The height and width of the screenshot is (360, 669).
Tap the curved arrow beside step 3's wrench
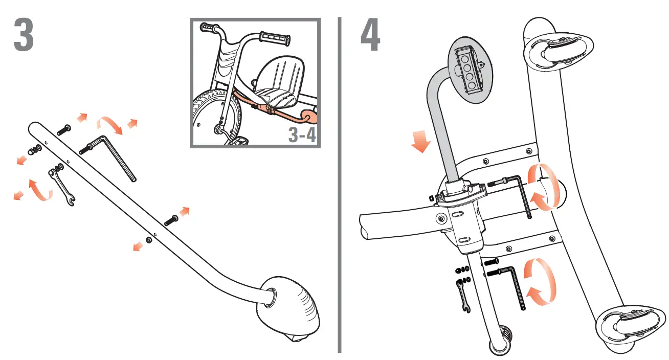click(x=40, y=191)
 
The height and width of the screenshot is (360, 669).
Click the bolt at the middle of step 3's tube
click(x=171, y=220)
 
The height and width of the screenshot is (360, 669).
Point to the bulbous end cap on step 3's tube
click(x=289, y=307)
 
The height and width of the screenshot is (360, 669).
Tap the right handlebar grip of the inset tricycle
click(x=275, y=38)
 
